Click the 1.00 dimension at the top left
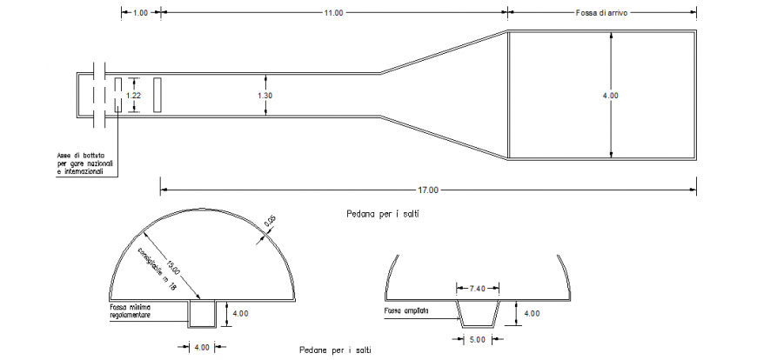coord(140,13)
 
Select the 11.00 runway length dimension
coord(333,13)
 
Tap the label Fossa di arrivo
coord(608,13)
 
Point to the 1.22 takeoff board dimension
coord(133,95)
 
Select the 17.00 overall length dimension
coord(428,189)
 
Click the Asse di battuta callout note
coord(85,164)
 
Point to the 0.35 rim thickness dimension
coord(271,223)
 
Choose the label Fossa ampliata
coord(405,310)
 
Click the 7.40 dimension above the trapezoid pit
coord(478,287)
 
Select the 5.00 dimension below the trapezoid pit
coord(478,339)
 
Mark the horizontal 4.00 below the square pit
coord(201,348)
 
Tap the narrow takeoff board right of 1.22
coord(157,95)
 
